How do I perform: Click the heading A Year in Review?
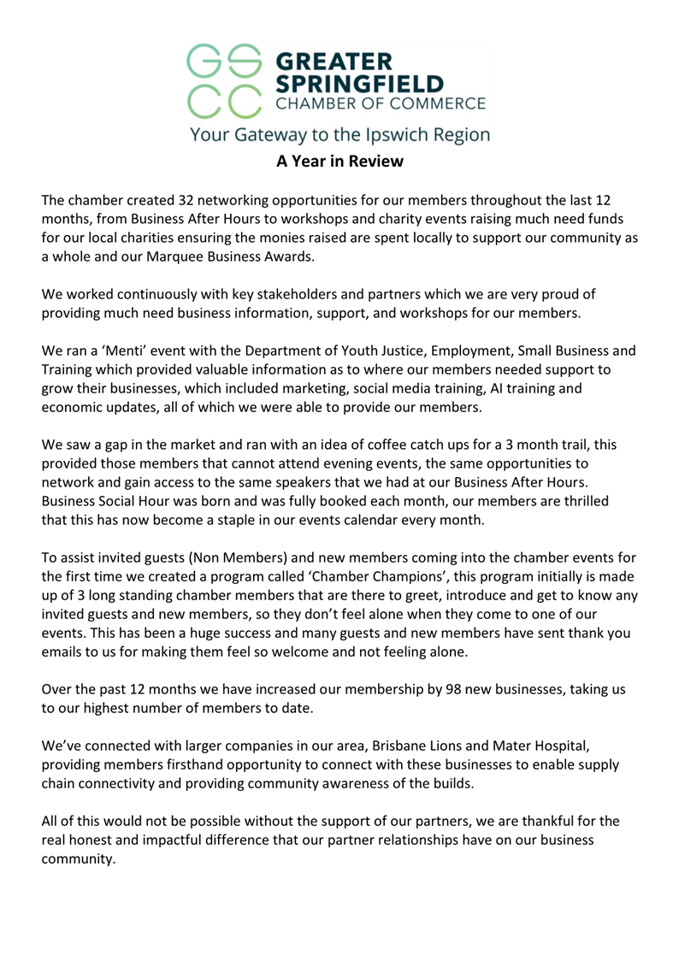[x=339, y=161]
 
